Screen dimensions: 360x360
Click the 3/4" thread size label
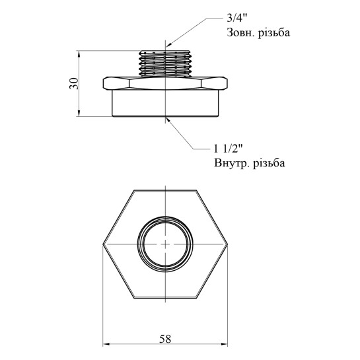pos(236,18)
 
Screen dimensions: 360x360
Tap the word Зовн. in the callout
pos(240,32)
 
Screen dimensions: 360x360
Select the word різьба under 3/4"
pos(274,32)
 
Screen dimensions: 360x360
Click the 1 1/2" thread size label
pos(228,149)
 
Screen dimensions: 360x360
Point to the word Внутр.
pos(231,163)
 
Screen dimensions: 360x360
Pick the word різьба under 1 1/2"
pos(269,163)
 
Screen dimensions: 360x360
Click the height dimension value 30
pos(74,84)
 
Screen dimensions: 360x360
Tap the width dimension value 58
pos(165,339)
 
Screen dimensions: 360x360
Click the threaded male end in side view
pos(165,63)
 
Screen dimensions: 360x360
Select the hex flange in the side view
pos(165,83)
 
